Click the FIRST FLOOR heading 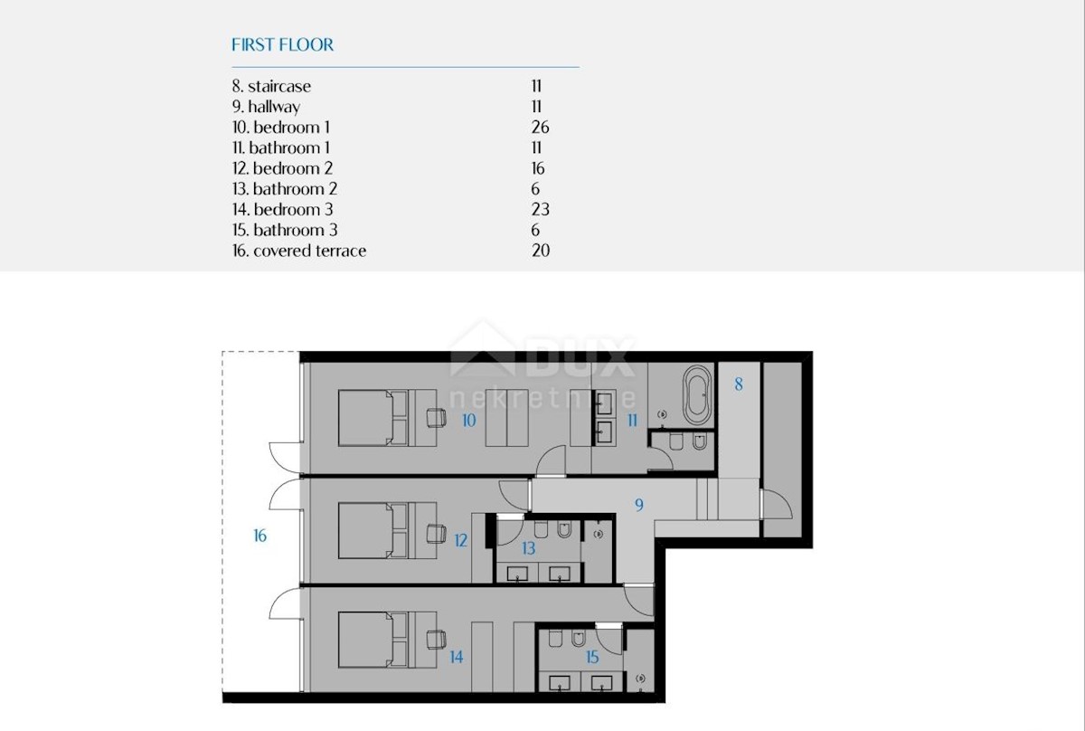[x=282, y=45]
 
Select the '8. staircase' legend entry [x=271, y=86]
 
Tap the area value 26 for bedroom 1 [x=540, y=128]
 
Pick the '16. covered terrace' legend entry [x=299, y=251]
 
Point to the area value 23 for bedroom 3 [x=540, y=209]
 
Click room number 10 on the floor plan [x=468, y=421]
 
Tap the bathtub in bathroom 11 [x=697, y=395]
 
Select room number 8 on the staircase [x=738, y=384]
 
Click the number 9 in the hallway [x=639, y=505]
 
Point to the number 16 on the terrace [x=259, y=536]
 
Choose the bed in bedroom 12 [x=373, y=530]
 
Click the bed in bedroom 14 [x=373, y=640]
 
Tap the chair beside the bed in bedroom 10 [x=436, y=418]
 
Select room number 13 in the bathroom [x=528, y=549]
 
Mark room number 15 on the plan [x=592, y=658]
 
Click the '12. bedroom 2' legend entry [x=282, y=168]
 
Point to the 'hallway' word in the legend [x=274, y=107]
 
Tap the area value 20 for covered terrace [x=541, y=251]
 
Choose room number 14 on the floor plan [x=457, y=658]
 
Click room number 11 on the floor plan [x=632, y=421]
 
